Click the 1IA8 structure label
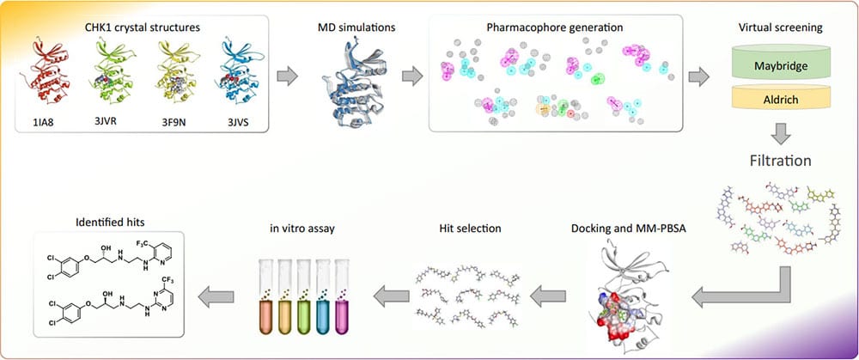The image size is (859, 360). [x=41, y=121]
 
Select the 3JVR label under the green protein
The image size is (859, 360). [x=106, y=120]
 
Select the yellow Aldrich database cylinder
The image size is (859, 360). [x=780, y=96]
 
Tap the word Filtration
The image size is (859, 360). [x=781, y=161]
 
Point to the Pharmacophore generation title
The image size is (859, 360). [x=556, y=27]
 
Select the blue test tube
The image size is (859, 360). [x=323, y=296]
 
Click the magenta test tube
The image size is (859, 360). [x=341, y=296]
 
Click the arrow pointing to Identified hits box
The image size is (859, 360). [x=216, y=297]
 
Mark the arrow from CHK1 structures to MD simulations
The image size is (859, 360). [x=287, y=76]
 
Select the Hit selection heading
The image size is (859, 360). [x=470, y=228]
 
